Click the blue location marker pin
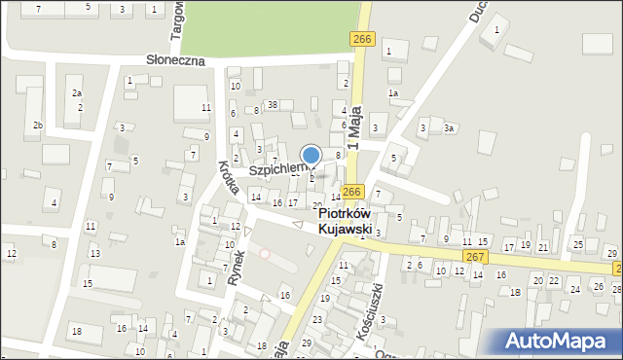tap(311, 156)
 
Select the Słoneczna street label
tap(175, 60)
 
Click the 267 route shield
tap(474, 256)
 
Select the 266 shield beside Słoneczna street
tap(361, 38)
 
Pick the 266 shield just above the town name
tap(352, 192)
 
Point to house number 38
tap(273, 104)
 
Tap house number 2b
tap(38, 126)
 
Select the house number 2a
tap(77, 93)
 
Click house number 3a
tap(449, 127)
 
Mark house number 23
tap(317, 319)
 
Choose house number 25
tap(577, 243)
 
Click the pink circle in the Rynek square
tap(265, 253)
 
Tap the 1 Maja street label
tap(354, 127)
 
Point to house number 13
tap(94, 253)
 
